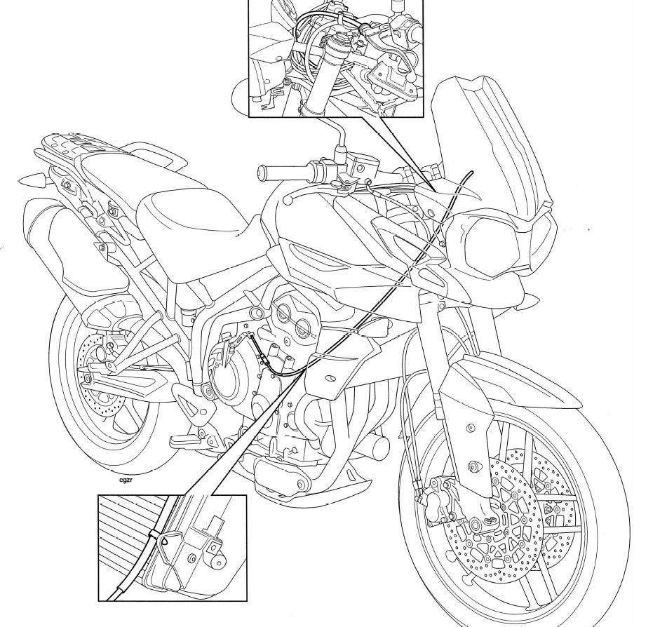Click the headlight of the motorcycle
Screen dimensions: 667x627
click(x=494, y=245)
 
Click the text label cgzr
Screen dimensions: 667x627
click(x=127, y=480)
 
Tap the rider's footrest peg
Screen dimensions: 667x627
click(x=186, y=442)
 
